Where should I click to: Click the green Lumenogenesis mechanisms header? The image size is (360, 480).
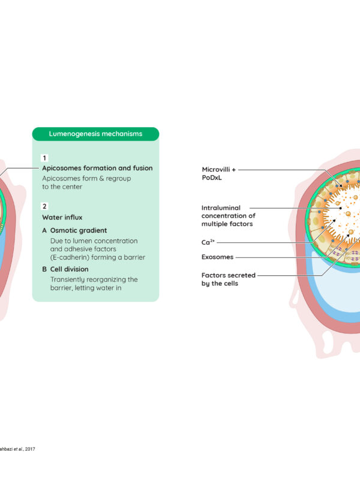95,134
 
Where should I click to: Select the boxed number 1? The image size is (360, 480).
44,158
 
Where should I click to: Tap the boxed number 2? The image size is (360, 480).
44,206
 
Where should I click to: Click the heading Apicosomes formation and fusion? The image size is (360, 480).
97,168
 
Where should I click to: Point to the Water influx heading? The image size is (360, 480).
62,217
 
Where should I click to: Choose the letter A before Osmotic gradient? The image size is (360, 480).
44,230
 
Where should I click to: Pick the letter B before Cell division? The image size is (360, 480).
44,269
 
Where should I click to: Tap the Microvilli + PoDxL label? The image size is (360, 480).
218,173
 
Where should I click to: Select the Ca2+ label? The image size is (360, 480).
208,242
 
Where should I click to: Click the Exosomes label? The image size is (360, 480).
217,257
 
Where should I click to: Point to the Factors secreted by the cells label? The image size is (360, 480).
229,279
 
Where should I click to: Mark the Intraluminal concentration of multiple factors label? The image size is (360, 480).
229,216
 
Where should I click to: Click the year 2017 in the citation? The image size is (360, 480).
30,449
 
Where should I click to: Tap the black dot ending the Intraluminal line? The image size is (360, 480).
341,208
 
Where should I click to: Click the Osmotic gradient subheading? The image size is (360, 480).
79,230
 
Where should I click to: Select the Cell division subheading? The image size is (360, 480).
69,269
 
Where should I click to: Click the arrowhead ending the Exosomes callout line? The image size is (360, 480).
334,220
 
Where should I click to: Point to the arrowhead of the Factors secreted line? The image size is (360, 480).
348,235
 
